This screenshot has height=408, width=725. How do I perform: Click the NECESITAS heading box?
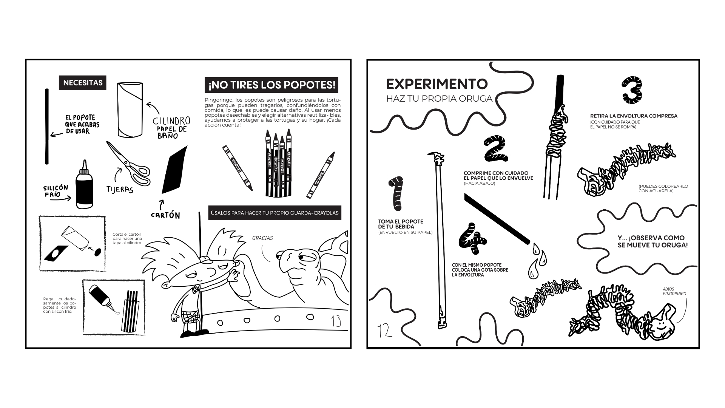point(82,83)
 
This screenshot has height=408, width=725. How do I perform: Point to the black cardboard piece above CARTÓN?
point(174,170)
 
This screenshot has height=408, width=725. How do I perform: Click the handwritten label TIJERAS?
point(120,189)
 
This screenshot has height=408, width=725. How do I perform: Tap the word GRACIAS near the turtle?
point(262,238)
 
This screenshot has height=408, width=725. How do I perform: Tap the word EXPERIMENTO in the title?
point(437,84)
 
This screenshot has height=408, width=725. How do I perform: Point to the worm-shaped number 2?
point(495,147)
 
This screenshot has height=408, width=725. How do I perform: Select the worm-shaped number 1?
point(396,193)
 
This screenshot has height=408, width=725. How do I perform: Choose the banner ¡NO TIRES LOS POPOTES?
point(271,85)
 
